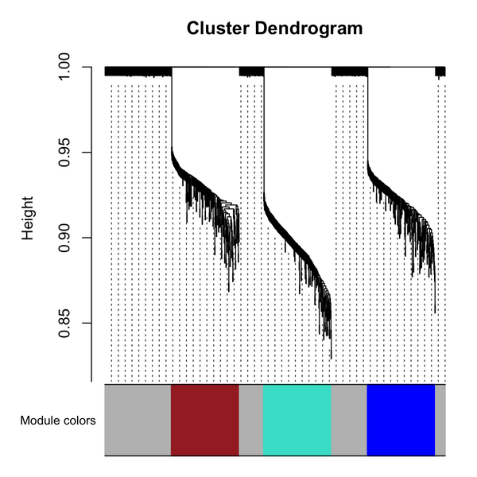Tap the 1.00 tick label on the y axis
pyautogui.click(x=68, y=67)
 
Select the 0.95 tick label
pyautogui.click(x=68, y=152)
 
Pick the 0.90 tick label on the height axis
pyautogui.click(x=68, y=238)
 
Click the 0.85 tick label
pyautogui.click(x=68, y=323)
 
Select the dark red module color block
pyautogui.click(x=205, y=420)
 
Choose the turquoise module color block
pyautogui.click(x=297, y=420)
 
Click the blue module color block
pyautogui.click(x=401, y=420)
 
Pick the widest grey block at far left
pyautogui.click(x=138, y=420)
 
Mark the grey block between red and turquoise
pyautogui.click(x=250, y=420)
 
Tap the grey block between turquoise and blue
pyautogui.click(x=348, y=420)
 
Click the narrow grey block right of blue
pyautogui.click(x=440, y=420)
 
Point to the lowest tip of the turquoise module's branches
pyautogui.click(x=331, y=359)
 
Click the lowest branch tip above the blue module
pyautogui.click(x=435, y=312)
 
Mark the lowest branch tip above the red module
pyautogui.click(x=229, y=291)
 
